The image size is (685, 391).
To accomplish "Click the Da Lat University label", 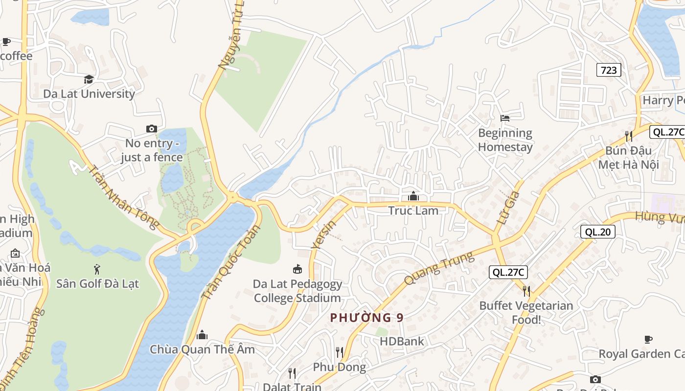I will coord(89,94).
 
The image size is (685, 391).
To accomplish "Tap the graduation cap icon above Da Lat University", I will coord(89,79).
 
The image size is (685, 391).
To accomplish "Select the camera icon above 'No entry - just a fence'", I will coord(152,129).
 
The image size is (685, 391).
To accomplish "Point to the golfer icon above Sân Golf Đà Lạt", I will coord(97,269).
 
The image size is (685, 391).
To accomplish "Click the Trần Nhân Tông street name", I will coord(123,196).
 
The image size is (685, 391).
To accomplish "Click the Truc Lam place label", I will coord(413,211).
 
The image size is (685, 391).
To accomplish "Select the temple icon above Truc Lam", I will coord(413,196).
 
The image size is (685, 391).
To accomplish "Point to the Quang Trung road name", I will coord(439,268).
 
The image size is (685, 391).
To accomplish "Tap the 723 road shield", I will coord(609,70).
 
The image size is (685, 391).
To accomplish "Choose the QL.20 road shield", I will coord(597,232).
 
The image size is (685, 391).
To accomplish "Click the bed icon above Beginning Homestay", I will coord(505,118).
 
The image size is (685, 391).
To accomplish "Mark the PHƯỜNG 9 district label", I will coord(367,318).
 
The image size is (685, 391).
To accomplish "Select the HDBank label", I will coord(402,341).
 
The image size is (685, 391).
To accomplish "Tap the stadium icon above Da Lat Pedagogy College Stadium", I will coord(297,269).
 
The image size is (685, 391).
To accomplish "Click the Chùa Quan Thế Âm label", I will coord(203,349).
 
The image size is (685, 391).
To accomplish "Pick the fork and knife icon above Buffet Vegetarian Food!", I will coord(526,291).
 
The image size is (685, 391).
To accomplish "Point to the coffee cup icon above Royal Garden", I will coord(648,339).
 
